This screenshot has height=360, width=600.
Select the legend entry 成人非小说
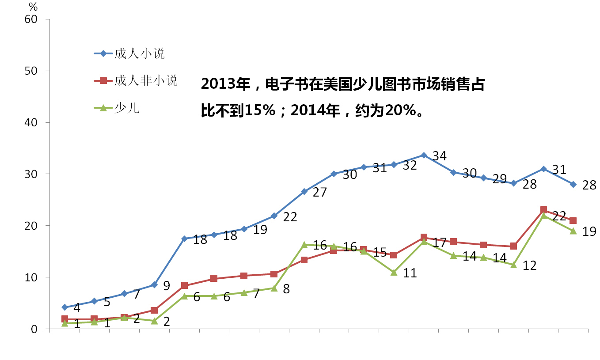click(x=145, y=80)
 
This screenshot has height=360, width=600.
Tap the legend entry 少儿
click(x=127, y=108)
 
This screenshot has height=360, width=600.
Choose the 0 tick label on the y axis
click(x=36, y=329)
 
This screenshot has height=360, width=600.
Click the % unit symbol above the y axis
click(x=33, y=7)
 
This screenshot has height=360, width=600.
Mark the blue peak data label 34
click(x=440, y=156)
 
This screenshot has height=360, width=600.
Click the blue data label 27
click(x=319, y=193)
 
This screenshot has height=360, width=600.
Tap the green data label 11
click(x=410, y=273)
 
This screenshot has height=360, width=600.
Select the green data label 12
click(x=529, y=265)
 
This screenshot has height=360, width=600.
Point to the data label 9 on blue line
click(x=167, y=286)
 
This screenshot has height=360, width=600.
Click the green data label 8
click(x=286, y=289)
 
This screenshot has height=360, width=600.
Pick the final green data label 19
click(x=589, y=231)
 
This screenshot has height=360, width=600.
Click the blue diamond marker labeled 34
click(x=424, y=155)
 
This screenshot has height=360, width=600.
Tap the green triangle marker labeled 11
click(x=394, y=272)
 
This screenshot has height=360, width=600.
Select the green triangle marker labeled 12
click(x=513, y=265)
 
